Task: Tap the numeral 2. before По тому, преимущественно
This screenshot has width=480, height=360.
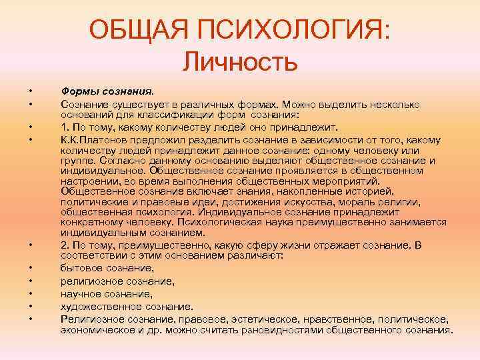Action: click(x=65, y=245)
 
